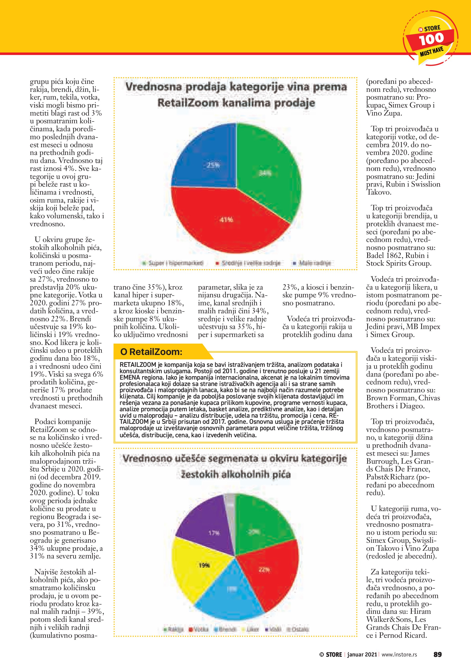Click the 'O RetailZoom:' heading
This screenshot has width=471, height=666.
(x=151, y=352)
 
